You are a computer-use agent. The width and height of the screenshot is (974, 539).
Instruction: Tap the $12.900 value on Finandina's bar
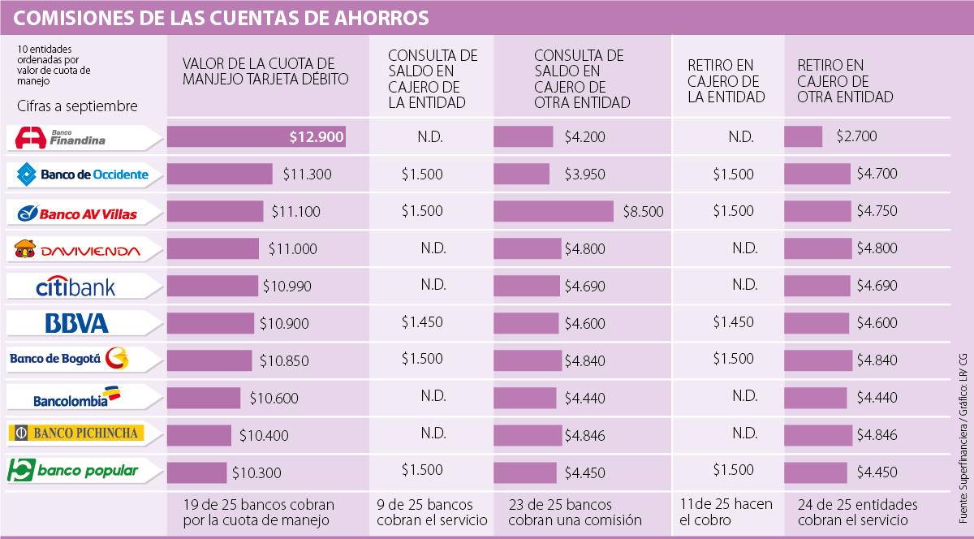316,137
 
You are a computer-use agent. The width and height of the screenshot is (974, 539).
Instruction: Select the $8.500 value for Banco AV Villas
643,211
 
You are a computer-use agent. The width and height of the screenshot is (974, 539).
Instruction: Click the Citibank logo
75,287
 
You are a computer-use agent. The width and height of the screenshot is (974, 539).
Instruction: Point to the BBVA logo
77,324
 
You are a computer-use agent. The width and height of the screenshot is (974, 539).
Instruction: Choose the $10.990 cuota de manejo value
287,286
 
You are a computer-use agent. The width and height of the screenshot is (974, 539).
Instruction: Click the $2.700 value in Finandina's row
856,137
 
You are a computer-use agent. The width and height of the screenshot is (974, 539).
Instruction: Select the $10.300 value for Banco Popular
256,471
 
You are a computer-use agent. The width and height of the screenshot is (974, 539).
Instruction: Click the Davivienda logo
77,250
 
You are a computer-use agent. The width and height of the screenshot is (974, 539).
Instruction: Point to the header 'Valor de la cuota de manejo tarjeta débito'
265,71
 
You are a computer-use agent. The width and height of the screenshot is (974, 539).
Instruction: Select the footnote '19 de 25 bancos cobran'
258,505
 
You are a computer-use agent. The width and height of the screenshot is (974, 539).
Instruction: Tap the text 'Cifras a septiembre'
77,106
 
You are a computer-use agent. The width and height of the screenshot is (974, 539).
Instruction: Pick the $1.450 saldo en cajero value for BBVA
422,322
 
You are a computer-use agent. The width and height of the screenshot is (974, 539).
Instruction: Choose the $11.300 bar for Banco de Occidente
220,174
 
